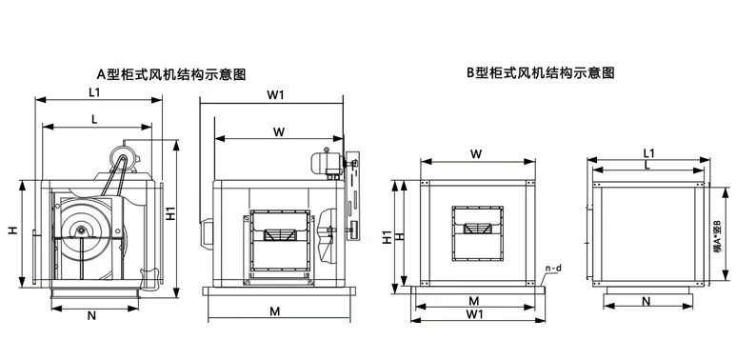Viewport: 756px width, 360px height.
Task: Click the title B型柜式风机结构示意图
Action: [x=540, y=71]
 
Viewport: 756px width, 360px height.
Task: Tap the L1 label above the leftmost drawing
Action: [x=94, y=92]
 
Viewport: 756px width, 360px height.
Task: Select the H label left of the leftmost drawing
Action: [x=12, y=230]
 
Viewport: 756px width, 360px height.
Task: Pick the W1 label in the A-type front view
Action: [x=277, y=94]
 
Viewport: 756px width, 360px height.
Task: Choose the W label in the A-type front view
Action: [x=278, y=130]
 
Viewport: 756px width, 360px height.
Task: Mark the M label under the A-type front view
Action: [x=273, y=312]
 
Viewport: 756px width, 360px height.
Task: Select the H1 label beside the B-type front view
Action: [x=388, y=236]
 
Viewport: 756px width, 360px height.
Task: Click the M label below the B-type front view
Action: [x=473, y=301]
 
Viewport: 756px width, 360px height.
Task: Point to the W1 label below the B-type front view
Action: [x=473, y=314]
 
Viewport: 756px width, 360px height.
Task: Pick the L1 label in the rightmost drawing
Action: [x=647, y=152]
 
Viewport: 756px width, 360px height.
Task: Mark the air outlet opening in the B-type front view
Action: [x=475, y=230]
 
